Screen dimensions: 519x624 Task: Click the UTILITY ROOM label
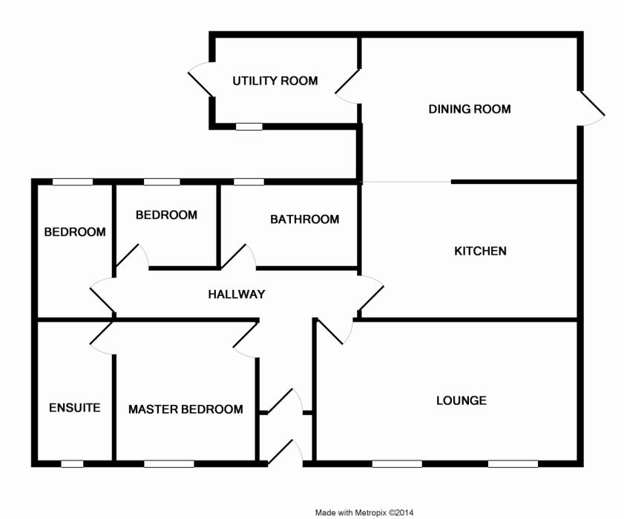pos(275,81)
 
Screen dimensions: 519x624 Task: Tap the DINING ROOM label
pos(470,109)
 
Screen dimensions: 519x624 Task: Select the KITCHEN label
pos(480,251)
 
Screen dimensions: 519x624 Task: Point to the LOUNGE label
pos(461,400)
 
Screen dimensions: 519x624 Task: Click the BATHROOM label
pos(304,219)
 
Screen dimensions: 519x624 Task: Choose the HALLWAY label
pos(236,294)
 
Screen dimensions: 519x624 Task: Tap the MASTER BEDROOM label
pos(185,409)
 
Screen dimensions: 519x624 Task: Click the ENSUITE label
pos(74,407)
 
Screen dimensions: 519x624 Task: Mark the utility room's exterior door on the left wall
pos(201,80)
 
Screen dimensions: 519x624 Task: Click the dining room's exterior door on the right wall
pos(592,108)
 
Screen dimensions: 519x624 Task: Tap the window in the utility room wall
pos(249,127)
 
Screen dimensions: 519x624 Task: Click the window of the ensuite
pos(72,464)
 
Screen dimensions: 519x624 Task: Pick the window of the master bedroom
pos(169,464)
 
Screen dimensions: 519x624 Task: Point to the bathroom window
pos(249,182)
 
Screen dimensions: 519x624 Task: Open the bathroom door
pos(239,257)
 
